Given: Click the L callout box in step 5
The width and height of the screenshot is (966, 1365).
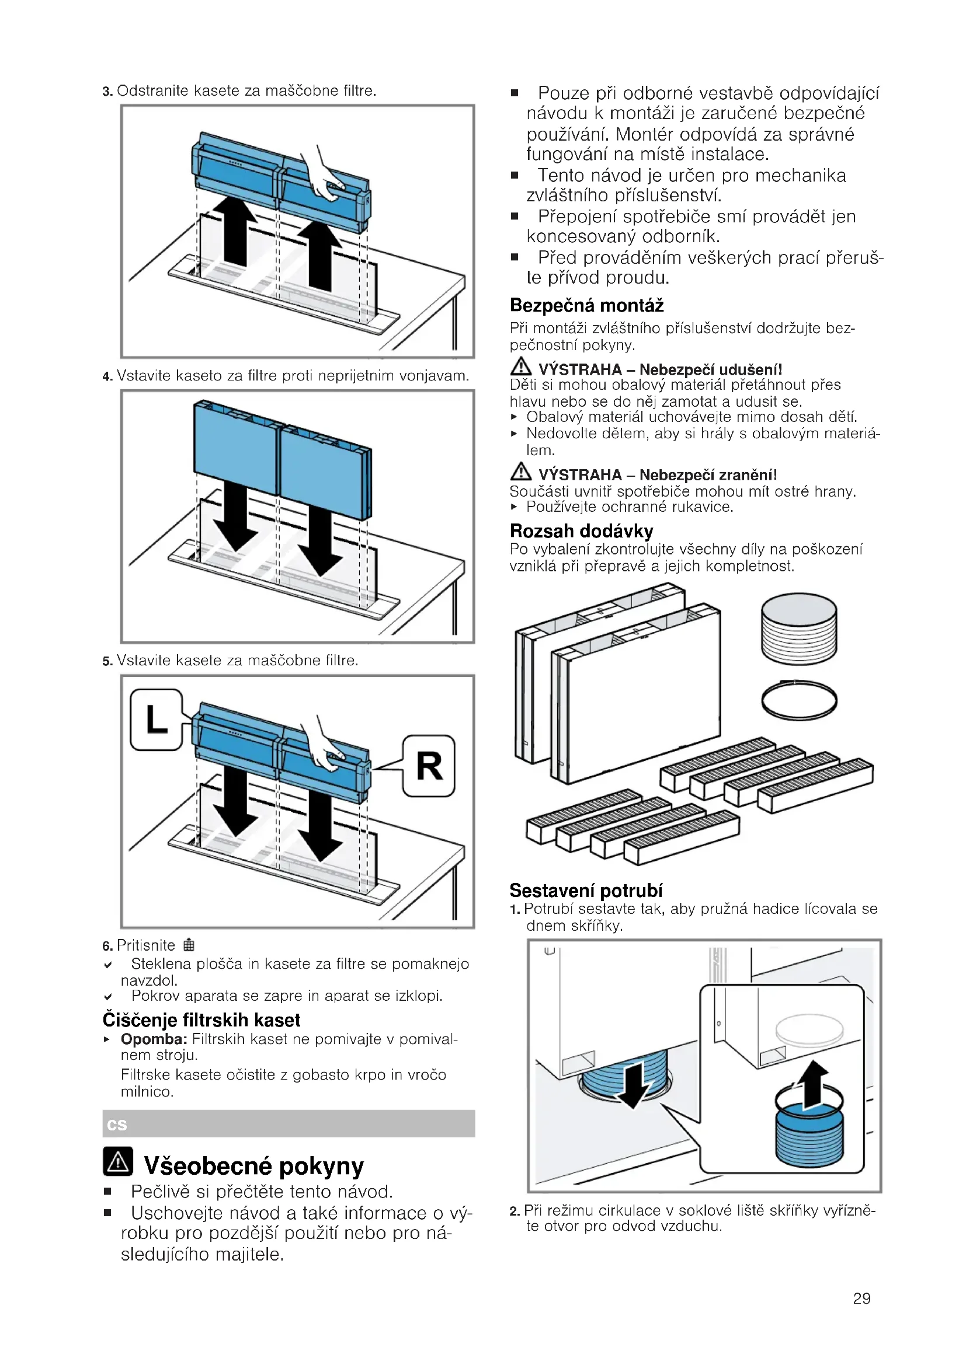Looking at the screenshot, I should point(157,720).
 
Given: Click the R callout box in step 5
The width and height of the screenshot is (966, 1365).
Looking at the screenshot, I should point(429,766).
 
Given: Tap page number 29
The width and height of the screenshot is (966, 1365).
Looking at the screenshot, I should point(861,1298).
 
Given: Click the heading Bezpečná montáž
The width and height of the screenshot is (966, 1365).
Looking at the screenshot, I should point(586,306).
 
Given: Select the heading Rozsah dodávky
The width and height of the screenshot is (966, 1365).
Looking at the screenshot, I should point(581,530).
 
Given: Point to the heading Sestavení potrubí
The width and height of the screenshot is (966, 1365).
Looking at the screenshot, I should point(586,890).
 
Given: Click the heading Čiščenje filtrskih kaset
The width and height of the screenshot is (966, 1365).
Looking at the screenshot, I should point(201,1020).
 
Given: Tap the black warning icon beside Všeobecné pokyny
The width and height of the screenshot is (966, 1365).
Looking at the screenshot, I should point(118,1161).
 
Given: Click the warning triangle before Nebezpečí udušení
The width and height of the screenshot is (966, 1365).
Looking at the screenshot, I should point(520,366).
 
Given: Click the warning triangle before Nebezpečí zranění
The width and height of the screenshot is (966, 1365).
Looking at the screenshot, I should point(520,472).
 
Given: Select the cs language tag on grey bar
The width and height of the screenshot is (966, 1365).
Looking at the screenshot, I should point(117,1124).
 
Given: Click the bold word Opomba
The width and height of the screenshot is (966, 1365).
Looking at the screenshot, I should point(154,1039).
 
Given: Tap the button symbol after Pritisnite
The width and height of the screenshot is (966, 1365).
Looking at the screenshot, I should point(189,945).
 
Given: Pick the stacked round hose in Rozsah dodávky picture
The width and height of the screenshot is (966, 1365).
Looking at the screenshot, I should point(799,628).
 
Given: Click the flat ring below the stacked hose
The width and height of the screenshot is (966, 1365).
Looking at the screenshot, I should point(799,700).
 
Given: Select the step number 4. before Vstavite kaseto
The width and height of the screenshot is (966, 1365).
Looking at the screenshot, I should point(107,376).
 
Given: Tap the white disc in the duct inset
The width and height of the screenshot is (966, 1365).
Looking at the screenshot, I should point(809,1028).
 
